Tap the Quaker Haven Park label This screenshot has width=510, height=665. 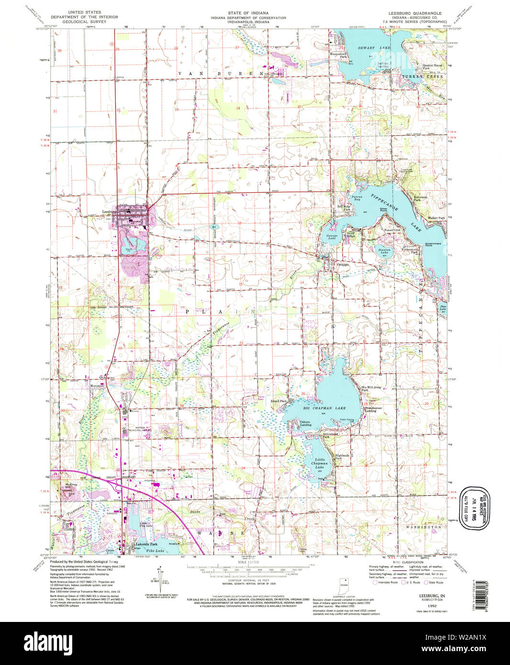[432, 66]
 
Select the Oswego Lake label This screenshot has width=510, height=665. [332, 236]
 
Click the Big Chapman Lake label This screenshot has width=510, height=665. [324, 408]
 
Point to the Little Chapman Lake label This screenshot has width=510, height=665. [319, 463]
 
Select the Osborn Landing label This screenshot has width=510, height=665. [305, 423]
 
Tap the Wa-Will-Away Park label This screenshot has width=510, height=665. [371, 388]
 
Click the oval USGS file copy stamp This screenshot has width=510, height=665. [474, 508]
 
